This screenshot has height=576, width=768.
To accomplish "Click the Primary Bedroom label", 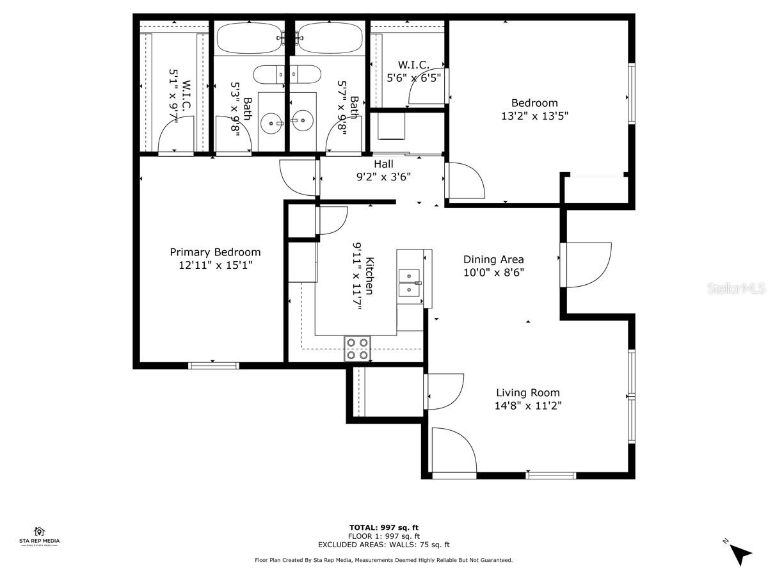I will [215, 252].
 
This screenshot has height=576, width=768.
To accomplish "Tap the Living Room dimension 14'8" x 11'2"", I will [528, 405].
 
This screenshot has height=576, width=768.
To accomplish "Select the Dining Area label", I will [493, 259].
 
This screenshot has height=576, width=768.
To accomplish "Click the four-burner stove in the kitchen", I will [358, 348].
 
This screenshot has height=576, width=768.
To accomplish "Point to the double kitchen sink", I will [410, 282].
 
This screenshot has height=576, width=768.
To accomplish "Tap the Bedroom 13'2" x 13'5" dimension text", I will [534, 116].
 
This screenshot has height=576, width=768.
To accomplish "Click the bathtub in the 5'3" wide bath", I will [249, 38].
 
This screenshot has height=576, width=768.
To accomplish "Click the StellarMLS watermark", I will [735, 289].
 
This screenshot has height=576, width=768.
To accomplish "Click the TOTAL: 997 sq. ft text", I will [384, 527].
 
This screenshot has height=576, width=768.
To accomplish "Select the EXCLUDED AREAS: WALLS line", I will [384, 545].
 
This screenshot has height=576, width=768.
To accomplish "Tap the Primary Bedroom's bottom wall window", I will [214, 365].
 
